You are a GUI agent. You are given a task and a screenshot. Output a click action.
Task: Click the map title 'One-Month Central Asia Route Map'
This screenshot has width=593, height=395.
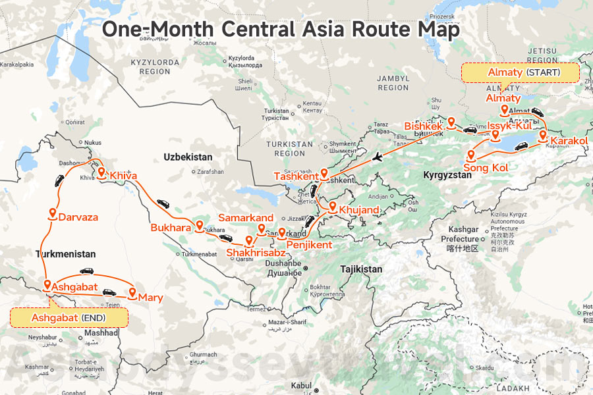click(280, 30)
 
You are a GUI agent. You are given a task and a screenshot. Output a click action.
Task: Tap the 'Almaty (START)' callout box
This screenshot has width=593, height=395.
click(520, 72)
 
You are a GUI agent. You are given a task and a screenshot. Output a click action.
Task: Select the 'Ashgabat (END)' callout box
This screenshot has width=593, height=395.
click(69, 317)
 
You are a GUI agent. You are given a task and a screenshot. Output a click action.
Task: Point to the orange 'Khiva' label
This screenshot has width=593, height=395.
click(124, 176)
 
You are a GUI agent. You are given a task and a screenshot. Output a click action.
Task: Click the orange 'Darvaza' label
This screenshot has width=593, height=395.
click(78, 217)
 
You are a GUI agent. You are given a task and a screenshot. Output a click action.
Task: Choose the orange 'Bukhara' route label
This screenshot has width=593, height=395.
click(171, 228)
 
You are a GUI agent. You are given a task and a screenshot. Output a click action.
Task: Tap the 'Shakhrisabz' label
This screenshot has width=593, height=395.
click(256, 252)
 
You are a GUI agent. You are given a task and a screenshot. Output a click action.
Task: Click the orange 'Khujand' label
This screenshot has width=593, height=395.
click(359, 211)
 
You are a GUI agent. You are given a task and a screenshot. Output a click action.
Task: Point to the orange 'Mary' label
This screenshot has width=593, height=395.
click(150, 298)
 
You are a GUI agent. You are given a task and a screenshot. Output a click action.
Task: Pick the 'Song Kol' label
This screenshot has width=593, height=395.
click(486, 169)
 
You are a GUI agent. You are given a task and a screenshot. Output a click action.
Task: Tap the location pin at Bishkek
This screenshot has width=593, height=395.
click(451, 122)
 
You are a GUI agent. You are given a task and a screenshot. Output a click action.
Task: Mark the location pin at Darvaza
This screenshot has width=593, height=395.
click(51, 212)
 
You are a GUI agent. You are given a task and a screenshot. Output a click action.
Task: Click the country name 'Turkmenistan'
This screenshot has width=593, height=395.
click(66, 254)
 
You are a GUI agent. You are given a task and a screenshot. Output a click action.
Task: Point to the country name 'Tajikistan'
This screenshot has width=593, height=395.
click(361, 269)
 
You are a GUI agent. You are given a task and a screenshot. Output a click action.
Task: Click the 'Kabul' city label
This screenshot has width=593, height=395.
click(300, 385)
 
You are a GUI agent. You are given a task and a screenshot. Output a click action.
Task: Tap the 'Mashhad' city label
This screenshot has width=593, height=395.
click(101, 333)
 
